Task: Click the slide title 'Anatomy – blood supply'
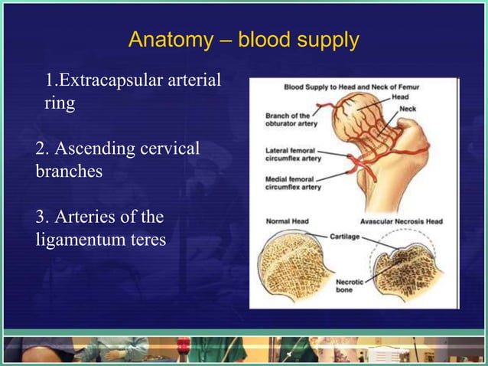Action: point(243,40)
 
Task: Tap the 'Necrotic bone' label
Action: point(346,286)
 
